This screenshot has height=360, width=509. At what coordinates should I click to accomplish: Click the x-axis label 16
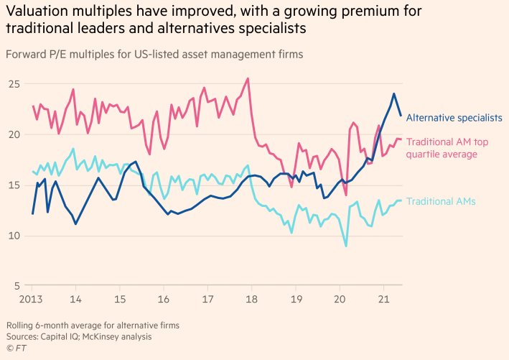tap(164, 298)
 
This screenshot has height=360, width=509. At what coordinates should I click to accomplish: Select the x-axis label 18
tap(251, 298)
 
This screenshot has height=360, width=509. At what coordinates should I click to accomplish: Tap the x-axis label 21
tap(383, 298)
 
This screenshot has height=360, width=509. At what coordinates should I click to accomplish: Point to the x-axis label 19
tap(295, 298)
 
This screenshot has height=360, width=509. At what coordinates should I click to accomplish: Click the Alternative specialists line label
tap(454, 117)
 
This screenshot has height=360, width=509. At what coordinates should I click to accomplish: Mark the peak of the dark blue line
tap(393, 93)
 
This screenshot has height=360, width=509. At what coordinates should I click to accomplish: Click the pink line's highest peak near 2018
tap(248, 78)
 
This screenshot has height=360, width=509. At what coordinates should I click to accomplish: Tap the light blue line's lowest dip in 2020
tap(346, 246)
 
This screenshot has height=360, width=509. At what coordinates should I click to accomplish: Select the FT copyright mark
tap(15, 347)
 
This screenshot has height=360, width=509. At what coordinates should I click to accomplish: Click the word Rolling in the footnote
tap(20, 325)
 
